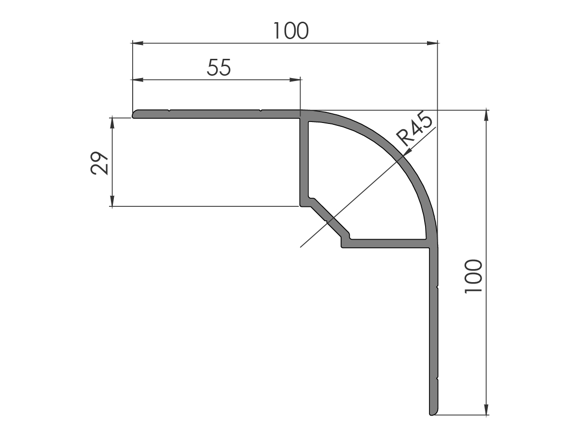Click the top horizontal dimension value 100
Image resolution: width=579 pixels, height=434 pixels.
point(290,31)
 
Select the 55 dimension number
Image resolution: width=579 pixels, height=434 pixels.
point(219,68)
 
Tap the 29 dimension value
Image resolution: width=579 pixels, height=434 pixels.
point(99,163)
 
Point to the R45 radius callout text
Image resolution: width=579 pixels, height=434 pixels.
point(414,128)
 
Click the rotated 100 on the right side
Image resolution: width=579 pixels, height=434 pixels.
point(473,276)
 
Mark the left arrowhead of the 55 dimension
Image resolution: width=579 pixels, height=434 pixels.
point(138,80)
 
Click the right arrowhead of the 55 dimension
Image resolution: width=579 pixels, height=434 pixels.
point(295,80)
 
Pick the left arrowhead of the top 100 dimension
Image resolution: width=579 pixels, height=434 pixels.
point(138,43)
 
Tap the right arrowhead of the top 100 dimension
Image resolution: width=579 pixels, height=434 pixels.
point(432,43)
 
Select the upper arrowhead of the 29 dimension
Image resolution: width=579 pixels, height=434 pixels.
point(112,123)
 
